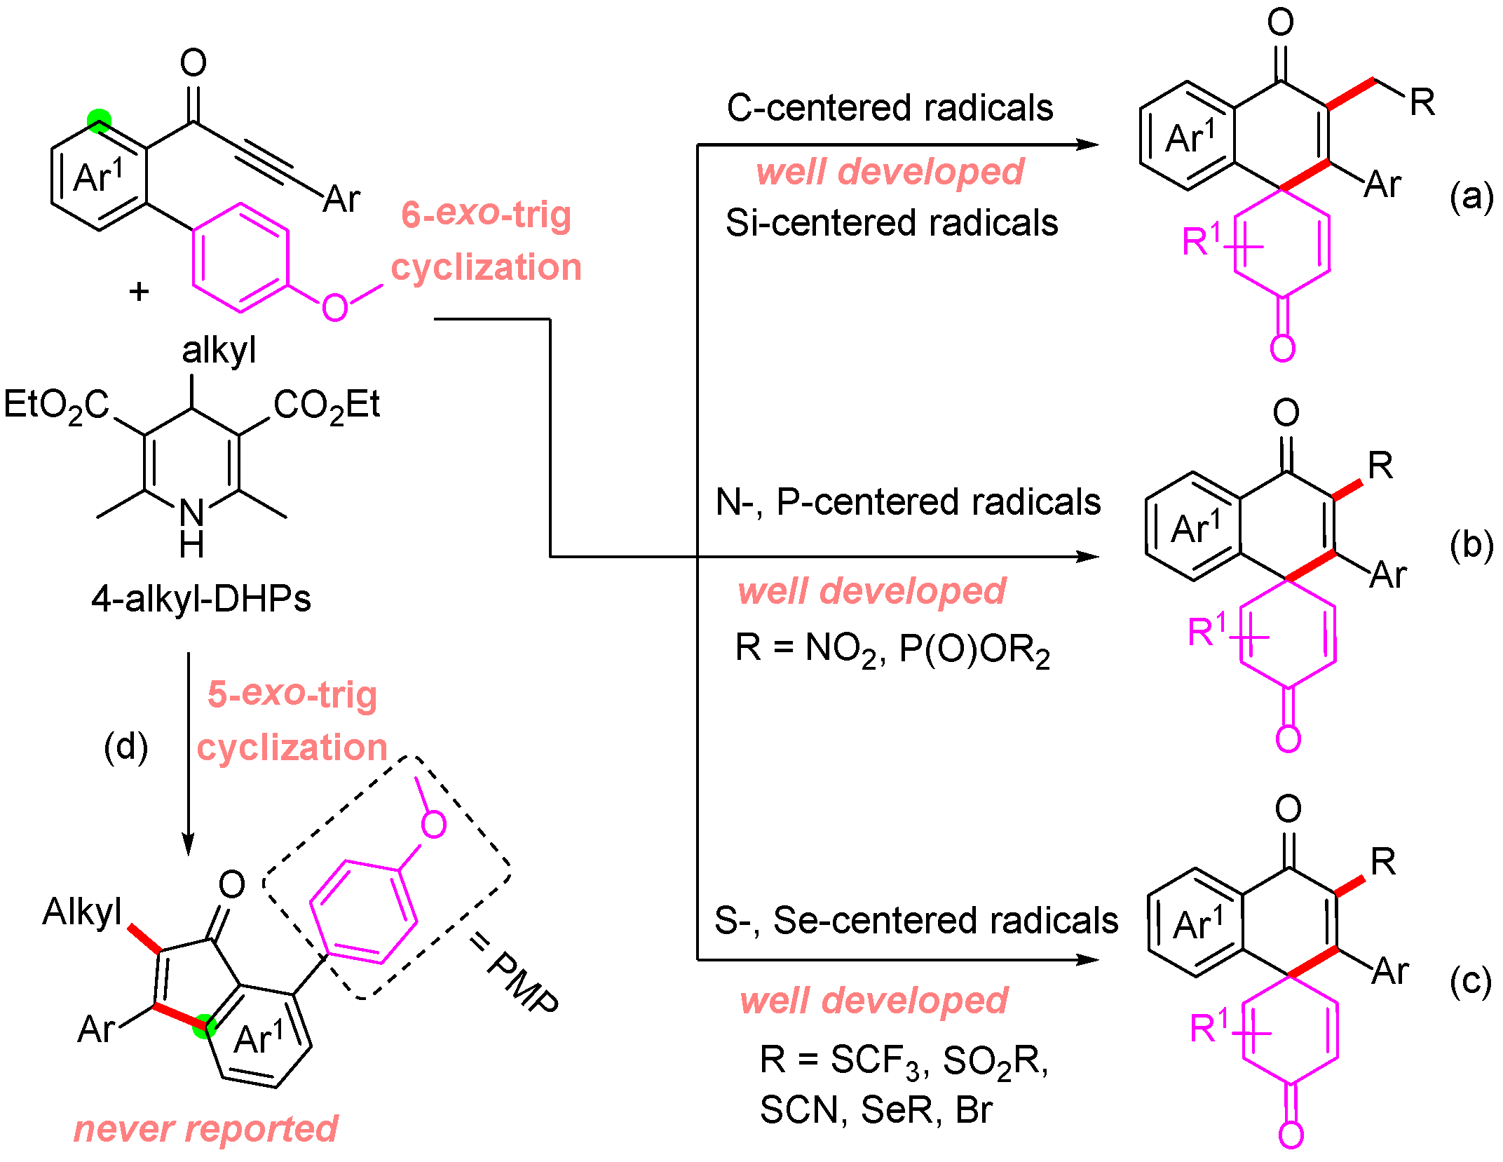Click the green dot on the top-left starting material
click(x=99, y=121)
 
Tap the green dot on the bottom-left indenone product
click(x=204, y=1026)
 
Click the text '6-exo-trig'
click(x=486, y=214)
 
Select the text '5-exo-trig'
click(x=292, y=694)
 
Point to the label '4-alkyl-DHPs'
click(x=201, y=599)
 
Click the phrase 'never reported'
click(x=205, y=1128)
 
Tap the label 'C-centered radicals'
click(x=890, y=108)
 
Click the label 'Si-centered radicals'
click(x=891, y=223)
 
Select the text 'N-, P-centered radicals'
click(x=908, y=502)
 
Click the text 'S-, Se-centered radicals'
click(x=916, y=920)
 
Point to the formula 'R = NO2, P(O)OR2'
click(x=892, y=649)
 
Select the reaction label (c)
click(x=1471, y=980)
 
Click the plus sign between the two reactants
click(x=140, y=291)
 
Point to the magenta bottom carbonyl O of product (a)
click(x=1282, y=348)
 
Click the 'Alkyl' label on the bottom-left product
click(x=82, y=912)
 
